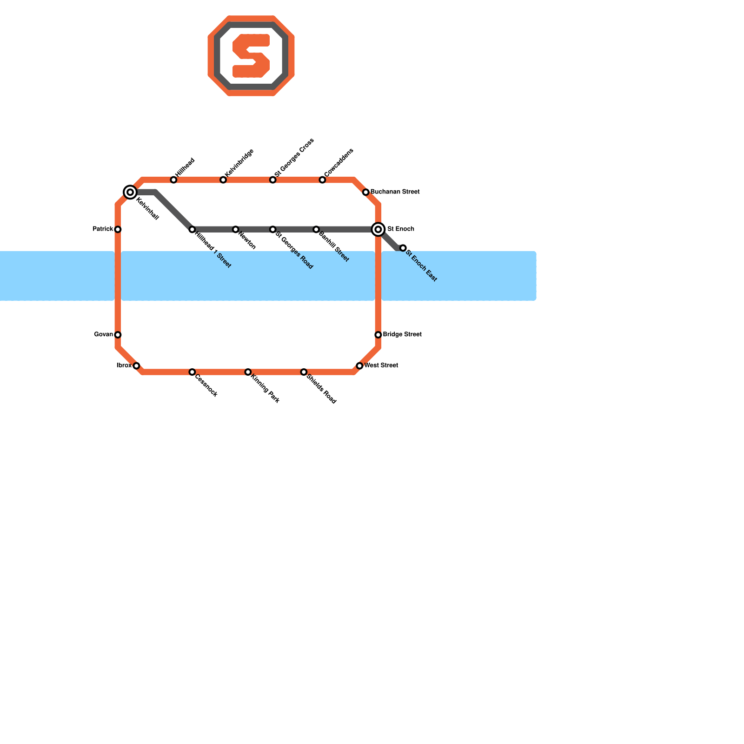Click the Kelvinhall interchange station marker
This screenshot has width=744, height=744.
pos(130,192)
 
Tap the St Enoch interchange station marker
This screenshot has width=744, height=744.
pos(379,229)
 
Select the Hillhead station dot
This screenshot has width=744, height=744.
pos(173,180)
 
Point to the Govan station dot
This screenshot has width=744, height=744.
pos(118,335)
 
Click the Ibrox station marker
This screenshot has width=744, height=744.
pos(136,366)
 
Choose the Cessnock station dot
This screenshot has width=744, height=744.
pos(192,372)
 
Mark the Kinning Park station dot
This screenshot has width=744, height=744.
pos(248,372)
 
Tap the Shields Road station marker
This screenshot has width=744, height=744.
pos(304,372)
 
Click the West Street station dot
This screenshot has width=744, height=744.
pos(359,366)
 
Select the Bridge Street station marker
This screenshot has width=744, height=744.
pos(379,335)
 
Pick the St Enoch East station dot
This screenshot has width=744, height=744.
pos(403,248)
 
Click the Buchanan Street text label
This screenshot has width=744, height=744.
pos(395,192)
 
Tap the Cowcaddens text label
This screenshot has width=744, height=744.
pos(339,163)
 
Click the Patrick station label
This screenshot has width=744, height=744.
pos(103,229)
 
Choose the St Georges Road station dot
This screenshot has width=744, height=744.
pos(273,229)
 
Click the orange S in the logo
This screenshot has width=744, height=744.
pos(251,56)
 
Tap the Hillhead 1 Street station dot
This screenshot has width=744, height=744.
pos(192,229)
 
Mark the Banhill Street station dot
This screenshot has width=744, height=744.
pos(316,229)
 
